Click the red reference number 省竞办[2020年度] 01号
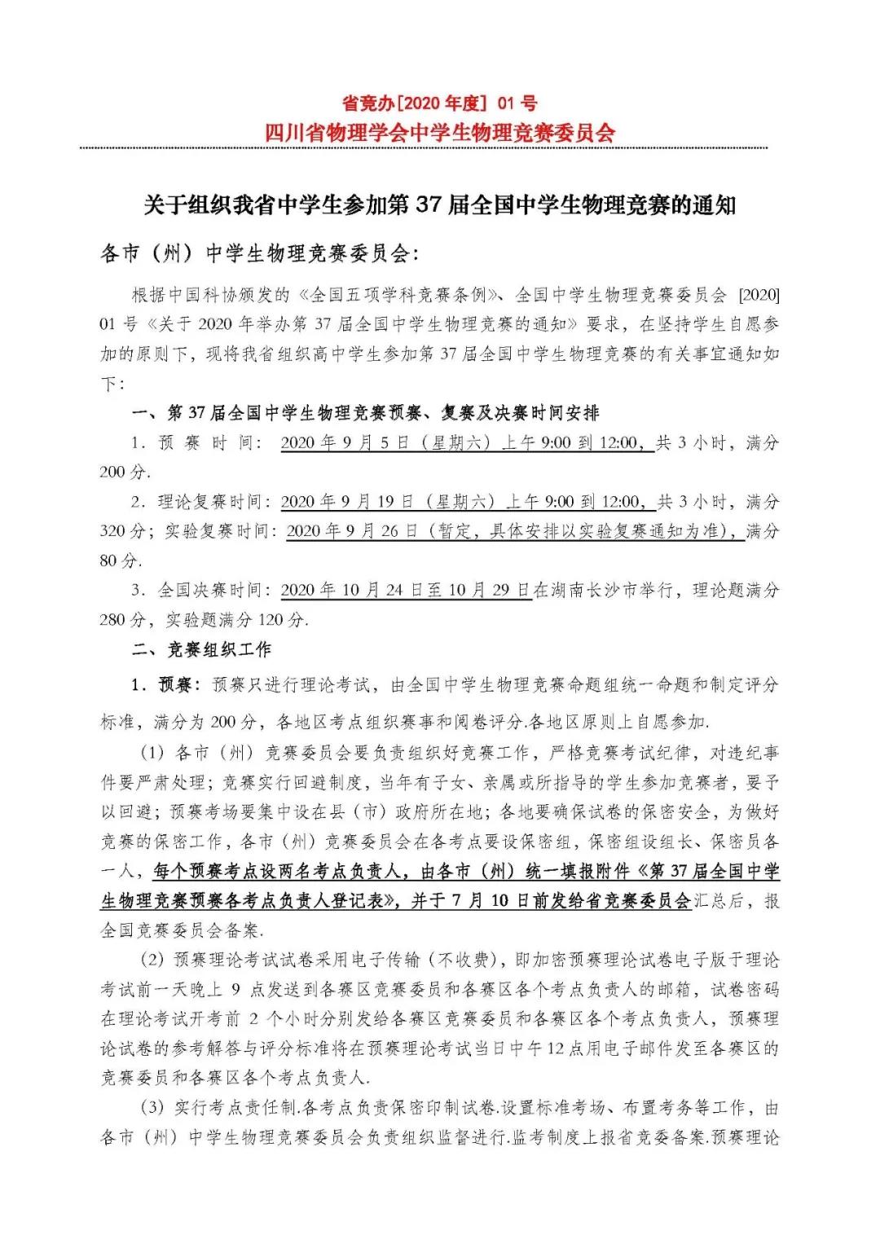click(439, 103)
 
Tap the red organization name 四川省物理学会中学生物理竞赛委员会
click(440, 132)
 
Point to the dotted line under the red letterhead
click(424, 148)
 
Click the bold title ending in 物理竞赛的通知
click(440, 205)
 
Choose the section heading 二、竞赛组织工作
click(201, 649)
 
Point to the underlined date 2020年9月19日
click(349, 502)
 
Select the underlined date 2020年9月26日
click(353, 531)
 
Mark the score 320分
click(123, 531)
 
